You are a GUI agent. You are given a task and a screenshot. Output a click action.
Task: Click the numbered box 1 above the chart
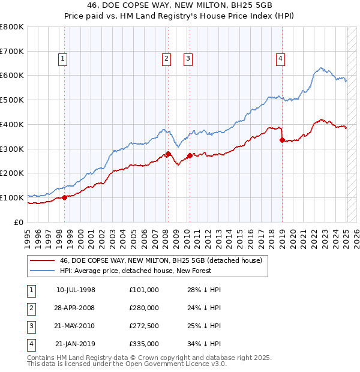point(63,58)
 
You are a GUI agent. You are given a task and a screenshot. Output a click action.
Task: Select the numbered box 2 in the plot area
point(166,58)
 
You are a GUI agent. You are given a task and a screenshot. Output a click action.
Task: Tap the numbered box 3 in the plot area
point(188,58)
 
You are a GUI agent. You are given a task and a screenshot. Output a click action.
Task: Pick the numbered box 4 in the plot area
point(280,58)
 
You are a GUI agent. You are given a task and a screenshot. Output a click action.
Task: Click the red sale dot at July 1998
point(65,197)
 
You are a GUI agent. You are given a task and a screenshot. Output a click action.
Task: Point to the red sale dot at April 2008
point(169,154)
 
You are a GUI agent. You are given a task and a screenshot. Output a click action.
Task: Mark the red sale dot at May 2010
point(190,155)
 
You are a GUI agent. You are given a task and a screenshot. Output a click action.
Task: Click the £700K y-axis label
point(12,51)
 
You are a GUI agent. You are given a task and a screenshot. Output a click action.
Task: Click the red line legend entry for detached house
point(161,260)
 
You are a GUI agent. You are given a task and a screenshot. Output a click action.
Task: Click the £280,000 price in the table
point(144,308)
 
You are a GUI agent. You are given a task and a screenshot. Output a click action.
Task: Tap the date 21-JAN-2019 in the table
point(75,344)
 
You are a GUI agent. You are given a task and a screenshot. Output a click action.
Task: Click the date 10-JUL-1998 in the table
point(76,290)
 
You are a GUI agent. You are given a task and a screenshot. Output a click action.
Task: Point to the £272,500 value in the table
point(144,326)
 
